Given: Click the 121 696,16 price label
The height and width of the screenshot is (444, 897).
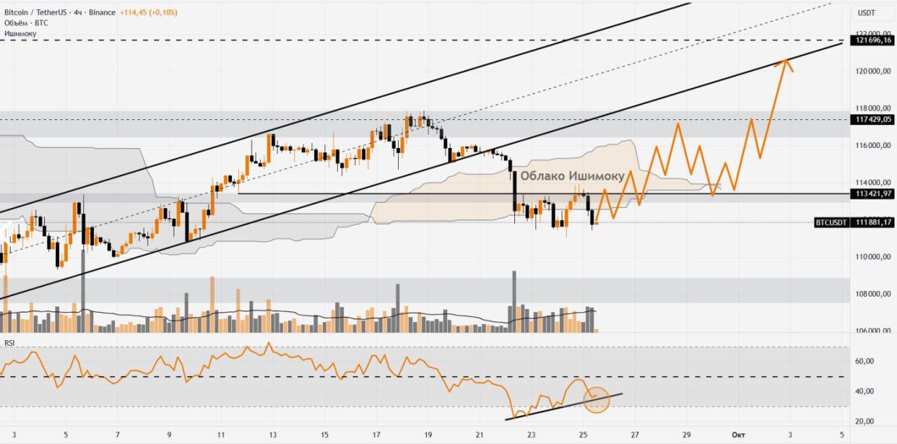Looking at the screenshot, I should click(872, 41).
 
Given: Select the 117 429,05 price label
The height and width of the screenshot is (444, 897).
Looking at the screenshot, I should click(872, 120).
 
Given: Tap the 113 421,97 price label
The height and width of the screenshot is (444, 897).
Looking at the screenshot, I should click(872, 194).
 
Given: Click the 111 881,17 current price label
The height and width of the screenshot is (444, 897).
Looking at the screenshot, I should click(872, 222).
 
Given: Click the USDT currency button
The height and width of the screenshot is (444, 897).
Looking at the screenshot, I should click(866, 13).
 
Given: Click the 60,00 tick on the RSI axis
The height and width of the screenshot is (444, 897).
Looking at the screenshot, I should click(866, 361).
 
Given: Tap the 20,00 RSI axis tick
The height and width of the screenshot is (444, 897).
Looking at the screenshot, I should click(866, 422).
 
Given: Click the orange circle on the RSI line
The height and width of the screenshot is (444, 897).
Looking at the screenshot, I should click(597, 399).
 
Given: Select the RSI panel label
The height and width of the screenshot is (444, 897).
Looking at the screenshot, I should click(10, 343).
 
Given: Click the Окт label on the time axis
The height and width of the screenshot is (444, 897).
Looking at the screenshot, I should click(738, 435).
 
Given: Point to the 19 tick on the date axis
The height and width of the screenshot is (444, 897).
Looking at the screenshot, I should click(428, 435).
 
